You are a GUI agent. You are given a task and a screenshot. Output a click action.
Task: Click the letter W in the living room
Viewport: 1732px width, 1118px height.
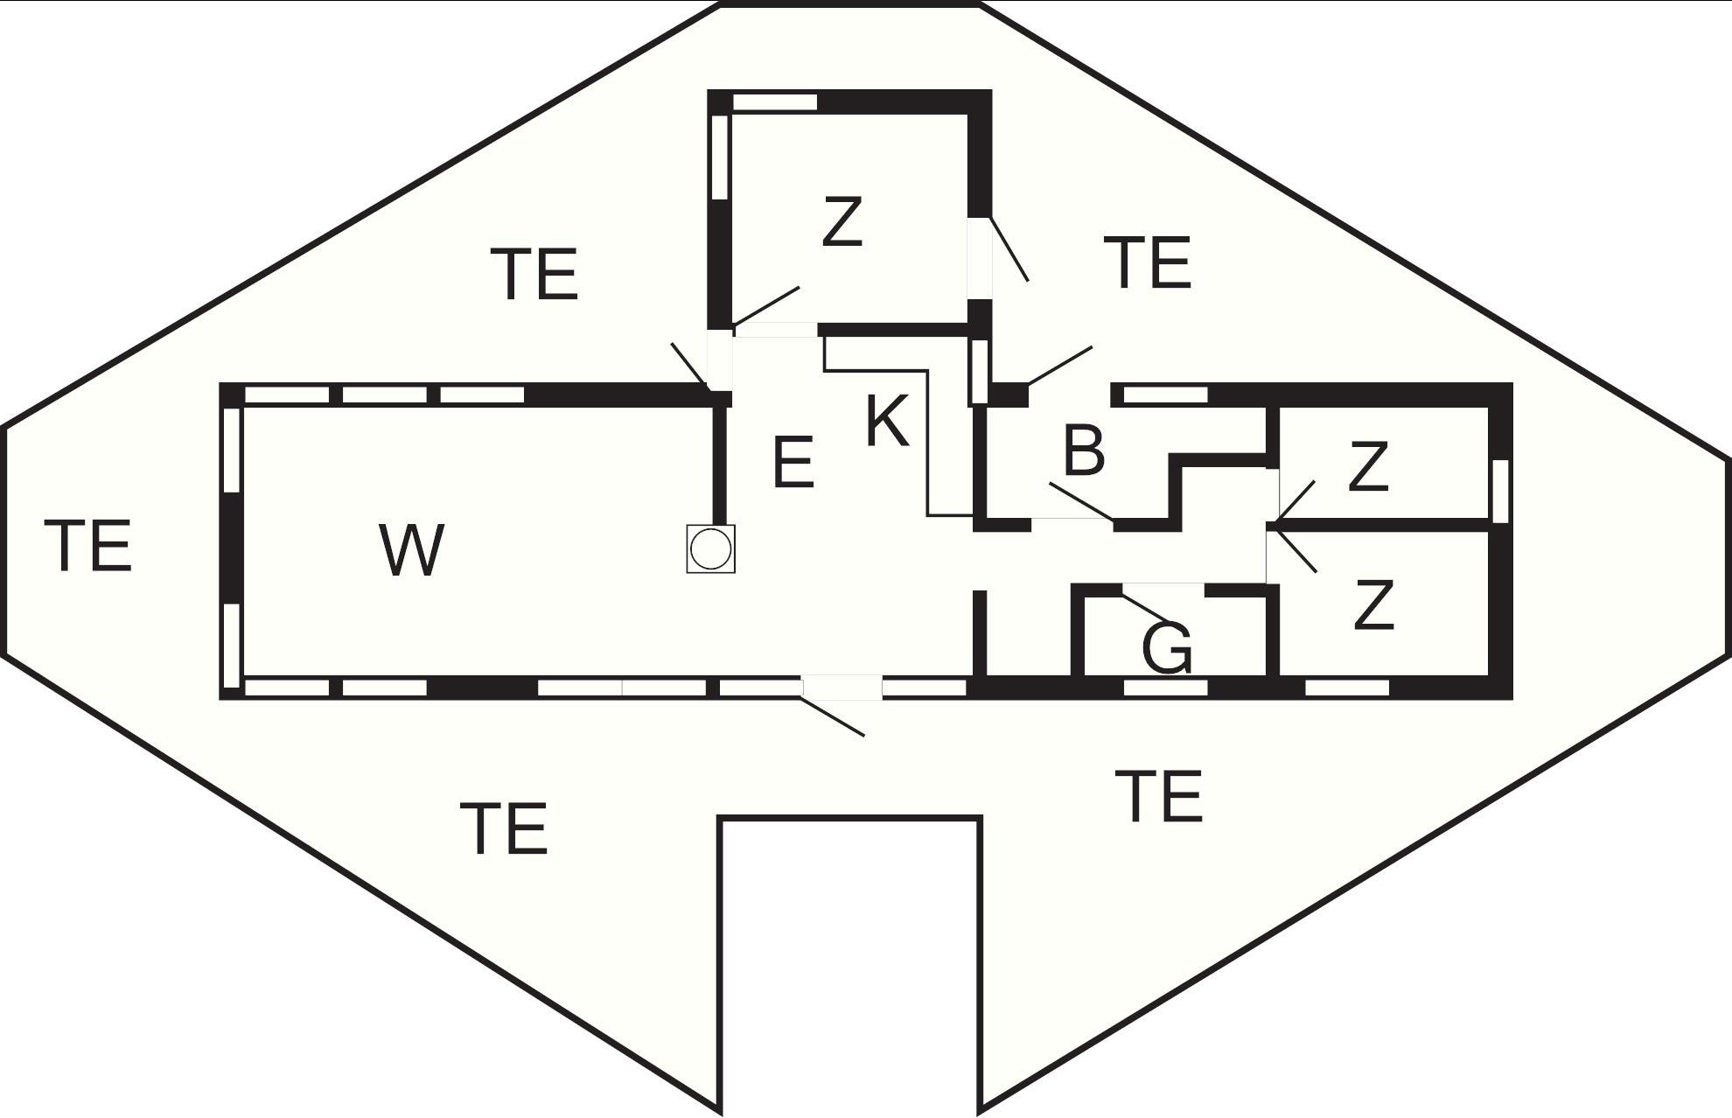click(412, 550)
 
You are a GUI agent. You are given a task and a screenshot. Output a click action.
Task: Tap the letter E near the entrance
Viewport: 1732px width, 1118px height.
click(794, 461)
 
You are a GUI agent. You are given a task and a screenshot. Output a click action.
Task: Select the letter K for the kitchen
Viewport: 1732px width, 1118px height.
click(887, 421)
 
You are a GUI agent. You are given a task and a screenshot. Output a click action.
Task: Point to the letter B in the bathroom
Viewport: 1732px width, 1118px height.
click(1084, 451)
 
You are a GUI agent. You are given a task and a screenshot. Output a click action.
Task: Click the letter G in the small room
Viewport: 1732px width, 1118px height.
click(1168, 648)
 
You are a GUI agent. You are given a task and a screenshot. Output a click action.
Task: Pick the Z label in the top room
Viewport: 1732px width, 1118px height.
click(842, 221)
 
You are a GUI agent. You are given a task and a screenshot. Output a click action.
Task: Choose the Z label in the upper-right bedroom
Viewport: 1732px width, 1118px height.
click(1368, 466)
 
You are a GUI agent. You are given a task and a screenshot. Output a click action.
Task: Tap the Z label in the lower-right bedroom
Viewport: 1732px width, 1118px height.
click(1372, 604)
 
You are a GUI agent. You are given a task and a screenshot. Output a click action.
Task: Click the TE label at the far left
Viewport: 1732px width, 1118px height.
click(87, 545)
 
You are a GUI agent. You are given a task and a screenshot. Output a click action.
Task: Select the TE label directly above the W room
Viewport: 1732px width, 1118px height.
click(534, 274)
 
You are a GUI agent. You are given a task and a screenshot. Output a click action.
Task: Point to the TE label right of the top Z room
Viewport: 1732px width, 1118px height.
click(1148, 262)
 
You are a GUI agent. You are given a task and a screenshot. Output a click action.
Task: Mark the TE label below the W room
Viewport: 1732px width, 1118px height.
click(504, 828)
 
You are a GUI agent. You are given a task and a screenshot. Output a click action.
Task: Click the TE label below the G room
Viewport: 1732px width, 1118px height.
click(1159, 796)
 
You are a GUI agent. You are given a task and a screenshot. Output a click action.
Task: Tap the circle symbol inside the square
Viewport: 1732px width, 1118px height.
click(710, 549)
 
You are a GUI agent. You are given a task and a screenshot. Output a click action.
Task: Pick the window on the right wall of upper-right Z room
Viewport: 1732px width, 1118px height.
click(1500, 491)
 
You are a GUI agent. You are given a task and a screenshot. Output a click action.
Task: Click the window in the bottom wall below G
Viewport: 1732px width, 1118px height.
click(1165, 688)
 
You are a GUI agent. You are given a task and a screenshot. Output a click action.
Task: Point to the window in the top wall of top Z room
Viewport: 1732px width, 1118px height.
click(774, 102)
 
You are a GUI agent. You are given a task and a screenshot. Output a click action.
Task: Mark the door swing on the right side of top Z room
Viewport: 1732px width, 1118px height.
click(1009, 249)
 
